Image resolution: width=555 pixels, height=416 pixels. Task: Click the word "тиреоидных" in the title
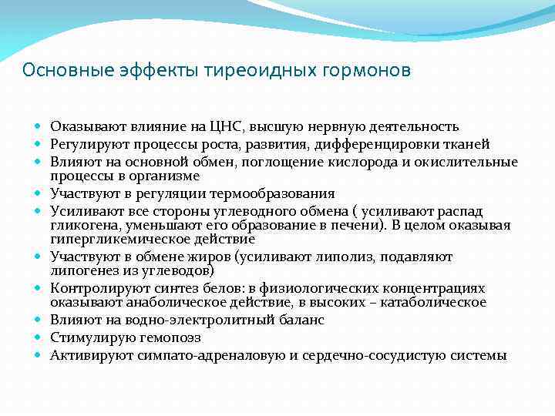251,71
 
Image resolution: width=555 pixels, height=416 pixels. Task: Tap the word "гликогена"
82,224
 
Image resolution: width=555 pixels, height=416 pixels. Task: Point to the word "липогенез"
82,271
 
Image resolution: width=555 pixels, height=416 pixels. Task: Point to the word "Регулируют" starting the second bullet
83,144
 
